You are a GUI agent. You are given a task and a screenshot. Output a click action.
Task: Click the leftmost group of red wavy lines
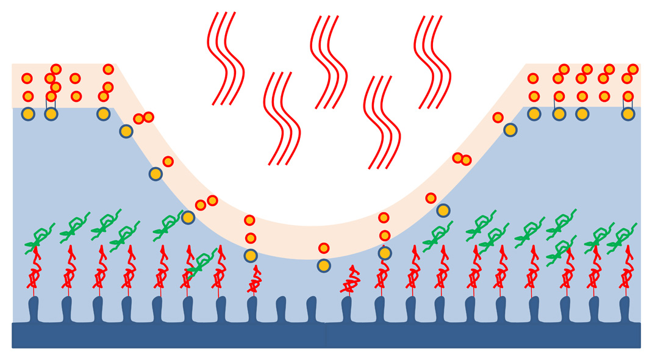pyautogui.click(x=225, y=59)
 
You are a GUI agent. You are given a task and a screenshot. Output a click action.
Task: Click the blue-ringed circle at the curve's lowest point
pyautogui.click(x=324, y=265)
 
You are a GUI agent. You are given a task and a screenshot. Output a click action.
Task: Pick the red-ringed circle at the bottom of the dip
pyautogui.click(x=324, y=248)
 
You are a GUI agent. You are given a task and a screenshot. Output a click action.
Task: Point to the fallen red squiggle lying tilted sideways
pyautogui.click(x=351, y=281)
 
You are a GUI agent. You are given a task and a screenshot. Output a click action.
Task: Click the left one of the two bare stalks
pyautogui.click(x=281, y=309)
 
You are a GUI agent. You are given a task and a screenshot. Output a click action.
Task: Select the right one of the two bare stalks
pyautogui.click(x=312, y=309)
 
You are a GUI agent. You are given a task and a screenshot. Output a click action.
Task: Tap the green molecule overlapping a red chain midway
pyautogui.click(x=202, y=262)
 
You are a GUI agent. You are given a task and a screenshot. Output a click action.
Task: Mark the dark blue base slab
pyautogui.click(x=326, y=336)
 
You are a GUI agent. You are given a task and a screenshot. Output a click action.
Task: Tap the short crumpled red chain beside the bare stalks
pyautogui.click(x=255, y=281)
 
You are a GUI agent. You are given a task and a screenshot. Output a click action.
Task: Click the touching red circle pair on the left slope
pyautogui.click(x=143, y=118)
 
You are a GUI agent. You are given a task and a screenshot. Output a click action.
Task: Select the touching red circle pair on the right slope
pyautogui.click(x=462, y=159)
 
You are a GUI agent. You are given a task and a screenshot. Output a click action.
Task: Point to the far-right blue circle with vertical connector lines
pyautogui.click(x=628, y=113)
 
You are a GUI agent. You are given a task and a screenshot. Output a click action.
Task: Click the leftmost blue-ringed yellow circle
pyautogui.click(x=28, y=113)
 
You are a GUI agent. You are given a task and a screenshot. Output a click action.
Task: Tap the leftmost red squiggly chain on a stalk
pyautogui.click(x=34, y=271)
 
